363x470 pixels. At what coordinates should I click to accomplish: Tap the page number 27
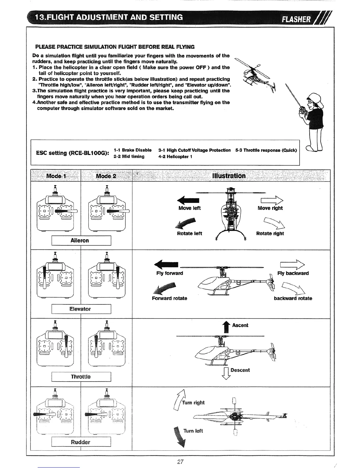tap(180, 461)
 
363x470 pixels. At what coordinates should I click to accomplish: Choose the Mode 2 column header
tap(106, 176)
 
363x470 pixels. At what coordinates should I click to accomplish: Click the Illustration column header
tap(229, 176)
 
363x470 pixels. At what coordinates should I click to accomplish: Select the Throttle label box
tap(81, 377)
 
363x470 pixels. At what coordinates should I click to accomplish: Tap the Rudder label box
tap(81, 442)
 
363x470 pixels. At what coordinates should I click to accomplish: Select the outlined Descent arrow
tap(226, 373)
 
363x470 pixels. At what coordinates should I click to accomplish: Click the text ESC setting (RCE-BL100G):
tap(72, 153)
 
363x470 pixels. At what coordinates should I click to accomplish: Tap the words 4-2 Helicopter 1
tap(175, 157)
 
